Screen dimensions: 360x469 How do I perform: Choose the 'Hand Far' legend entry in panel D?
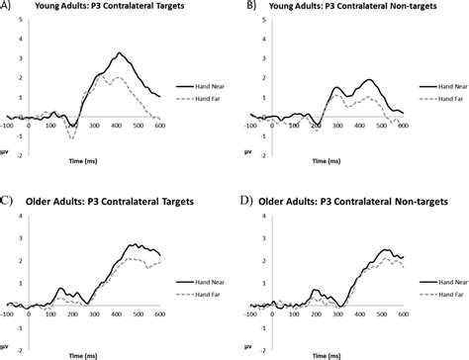coord(434,294)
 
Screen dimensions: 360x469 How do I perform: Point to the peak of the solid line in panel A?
coord(119,53)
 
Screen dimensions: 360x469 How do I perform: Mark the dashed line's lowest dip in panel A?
coord(72,136)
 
